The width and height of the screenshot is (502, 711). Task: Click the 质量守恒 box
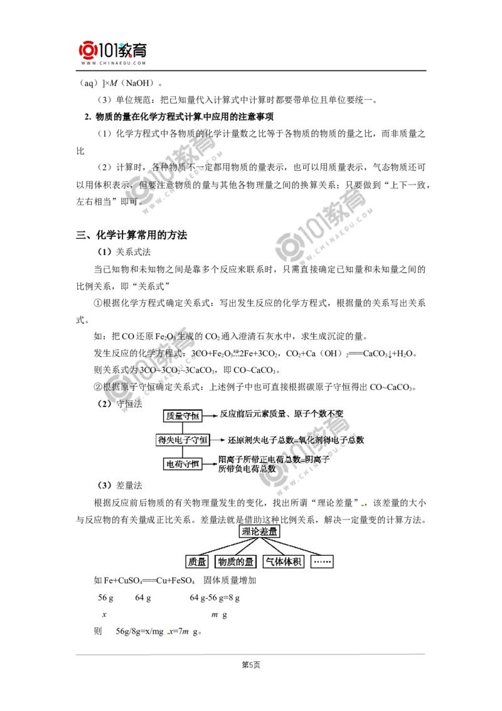[x=182, y=416]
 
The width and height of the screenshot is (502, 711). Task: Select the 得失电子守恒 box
[x=182, y=440]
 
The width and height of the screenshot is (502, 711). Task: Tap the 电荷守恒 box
[x=182, y=464]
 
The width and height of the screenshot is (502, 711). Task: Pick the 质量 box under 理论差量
[x=197, y=562]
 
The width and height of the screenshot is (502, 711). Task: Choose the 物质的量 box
[x=235, y=562]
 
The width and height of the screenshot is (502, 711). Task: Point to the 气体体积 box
[x=283, y=562]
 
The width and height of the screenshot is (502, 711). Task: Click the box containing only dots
[x=323, y=562]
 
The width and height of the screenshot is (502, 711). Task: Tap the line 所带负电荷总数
[x=246, y=470]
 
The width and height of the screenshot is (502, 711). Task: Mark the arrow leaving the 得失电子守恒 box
[x=217, y=440]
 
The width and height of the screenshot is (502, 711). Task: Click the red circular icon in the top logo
[x=88, y=50]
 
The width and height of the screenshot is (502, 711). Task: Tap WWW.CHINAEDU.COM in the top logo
[x=113, y=63]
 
